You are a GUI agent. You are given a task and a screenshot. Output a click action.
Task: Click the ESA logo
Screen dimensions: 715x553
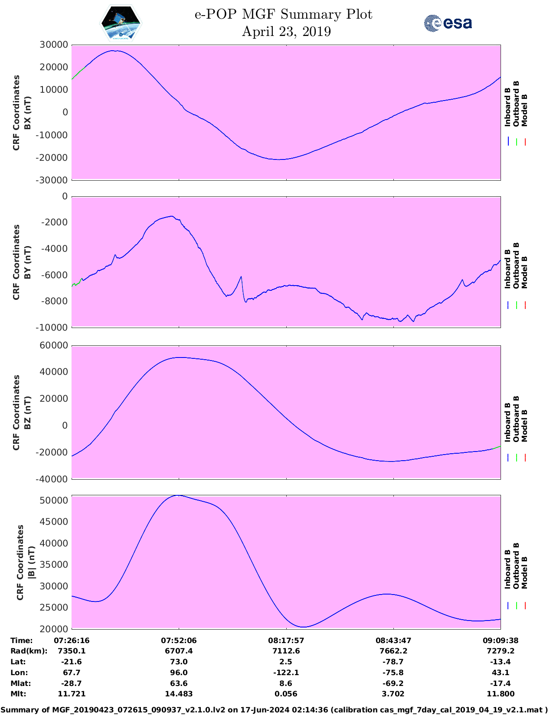click(x=448, y=23)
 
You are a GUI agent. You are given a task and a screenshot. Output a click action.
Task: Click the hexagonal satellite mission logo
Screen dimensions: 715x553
click(x=121, y=23)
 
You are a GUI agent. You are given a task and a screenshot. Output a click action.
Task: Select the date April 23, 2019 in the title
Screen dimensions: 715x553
click(x=286, y=32)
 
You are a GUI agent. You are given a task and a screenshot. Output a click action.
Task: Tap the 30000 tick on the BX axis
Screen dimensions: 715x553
click(x=54, y=45)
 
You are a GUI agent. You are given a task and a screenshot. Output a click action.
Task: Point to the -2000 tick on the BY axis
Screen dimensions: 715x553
click(x=56, y=222)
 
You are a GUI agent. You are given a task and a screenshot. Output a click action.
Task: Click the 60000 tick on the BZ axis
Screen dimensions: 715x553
click(x=54, y=345)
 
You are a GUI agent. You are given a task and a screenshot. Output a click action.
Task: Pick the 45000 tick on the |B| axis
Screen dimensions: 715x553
click(x=54, y=522)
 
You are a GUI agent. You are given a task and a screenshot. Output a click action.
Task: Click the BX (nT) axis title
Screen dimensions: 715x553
click(x=27, y=113)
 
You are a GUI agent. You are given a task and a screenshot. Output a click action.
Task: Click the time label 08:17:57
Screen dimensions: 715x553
click(x=286, y=640)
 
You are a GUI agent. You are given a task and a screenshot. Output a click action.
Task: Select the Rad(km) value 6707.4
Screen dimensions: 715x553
click(x=179, y=651)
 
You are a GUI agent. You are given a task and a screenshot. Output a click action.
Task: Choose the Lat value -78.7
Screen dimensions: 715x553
click(x=393, y=662)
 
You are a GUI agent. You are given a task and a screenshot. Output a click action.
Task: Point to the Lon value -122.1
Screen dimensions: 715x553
click(x=286, y=673)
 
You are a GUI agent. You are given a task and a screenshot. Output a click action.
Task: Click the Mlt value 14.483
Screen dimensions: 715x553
click(x=179, y=694)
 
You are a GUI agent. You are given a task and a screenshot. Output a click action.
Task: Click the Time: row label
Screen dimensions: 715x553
click(x=22, y=640)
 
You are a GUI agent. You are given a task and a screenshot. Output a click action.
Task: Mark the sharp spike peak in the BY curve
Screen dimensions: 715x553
click(x=241, y=276)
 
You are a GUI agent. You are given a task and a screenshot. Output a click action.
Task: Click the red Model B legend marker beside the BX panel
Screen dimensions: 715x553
click(x=525, y=142)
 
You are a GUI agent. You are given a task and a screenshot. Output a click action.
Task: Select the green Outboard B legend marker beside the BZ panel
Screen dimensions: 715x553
click(x=517, y=457)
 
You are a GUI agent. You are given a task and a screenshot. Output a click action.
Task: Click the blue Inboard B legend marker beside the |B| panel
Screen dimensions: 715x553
click(x=508, y=606)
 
